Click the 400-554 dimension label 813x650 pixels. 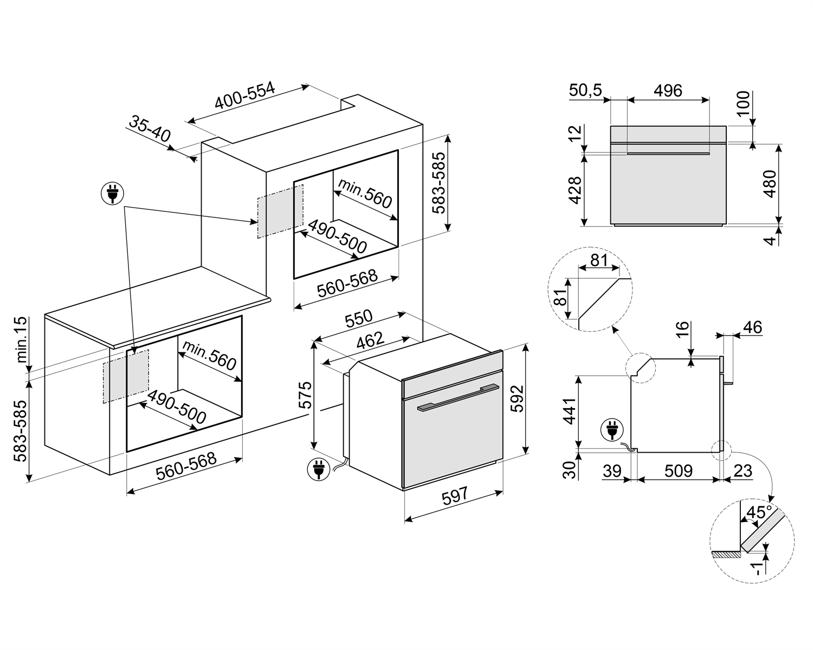point(245,96)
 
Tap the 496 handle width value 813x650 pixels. point(668,91)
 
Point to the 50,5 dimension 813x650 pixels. point(586,91)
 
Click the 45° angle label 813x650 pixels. point(759,512)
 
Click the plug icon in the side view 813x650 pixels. point(611,431)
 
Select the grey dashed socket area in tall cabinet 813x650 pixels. point(280,210)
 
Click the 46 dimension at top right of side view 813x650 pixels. point(751,327)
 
